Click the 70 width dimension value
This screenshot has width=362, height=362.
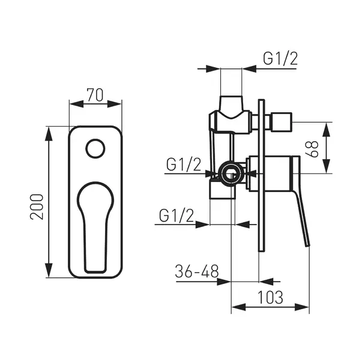95,95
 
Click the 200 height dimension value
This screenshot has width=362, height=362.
37,207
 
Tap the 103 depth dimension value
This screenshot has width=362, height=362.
270,297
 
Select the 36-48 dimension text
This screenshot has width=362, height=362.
197,271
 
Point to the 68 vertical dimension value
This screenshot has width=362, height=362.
312,149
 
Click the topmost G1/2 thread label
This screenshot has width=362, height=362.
280,59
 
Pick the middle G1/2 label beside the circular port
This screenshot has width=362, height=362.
184,165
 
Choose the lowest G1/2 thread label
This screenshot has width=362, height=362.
176,216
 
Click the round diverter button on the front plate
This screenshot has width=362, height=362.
95,149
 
